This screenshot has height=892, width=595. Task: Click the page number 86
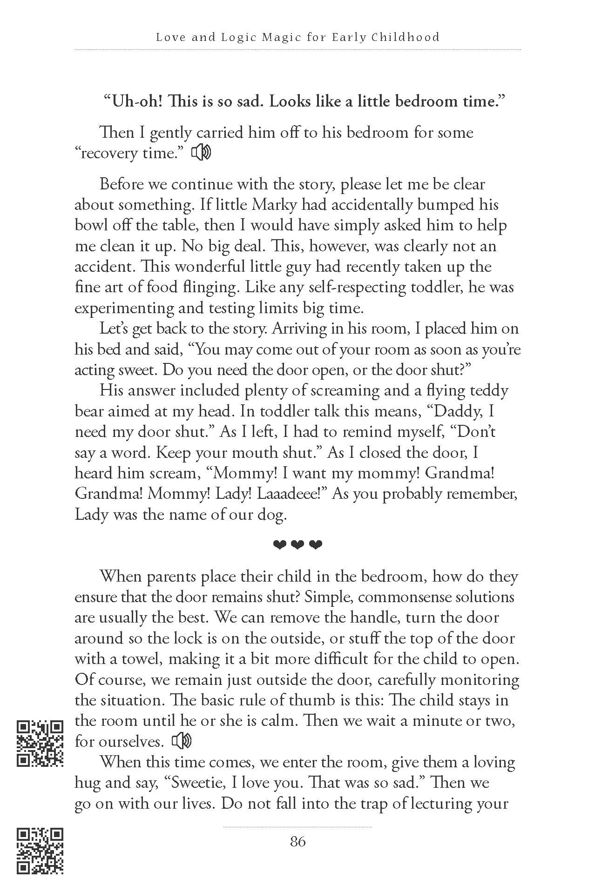(297, 841)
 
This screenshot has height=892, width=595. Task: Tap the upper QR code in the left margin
(40, 743)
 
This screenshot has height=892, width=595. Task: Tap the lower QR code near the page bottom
(40, 851)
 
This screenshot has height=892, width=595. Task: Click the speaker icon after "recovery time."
(202, 153)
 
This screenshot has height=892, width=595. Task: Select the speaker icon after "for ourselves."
(182, 741)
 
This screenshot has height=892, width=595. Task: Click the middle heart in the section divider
(297, 544)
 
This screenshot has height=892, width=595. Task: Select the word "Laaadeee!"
(294, 494)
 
